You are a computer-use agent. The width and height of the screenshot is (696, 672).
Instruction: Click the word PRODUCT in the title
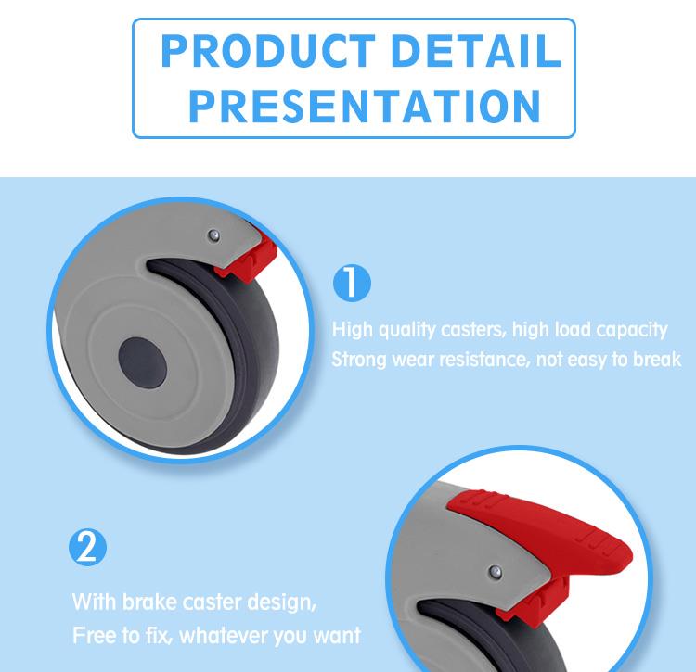coord(268,51)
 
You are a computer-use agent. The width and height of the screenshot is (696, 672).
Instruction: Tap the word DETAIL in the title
coord(476,51)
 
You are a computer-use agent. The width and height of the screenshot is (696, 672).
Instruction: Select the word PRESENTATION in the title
coord(365,106)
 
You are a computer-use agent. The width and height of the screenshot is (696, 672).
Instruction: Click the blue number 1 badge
coord(352,284)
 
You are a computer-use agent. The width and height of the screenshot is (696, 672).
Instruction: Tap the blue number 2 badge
coord(88,547)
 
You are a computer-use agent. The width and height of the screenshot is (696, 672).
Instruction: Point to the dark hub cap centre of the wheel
coord(143,361)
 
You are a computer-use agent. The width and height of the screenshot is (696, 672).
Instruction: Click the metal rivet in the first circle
coord(214,235)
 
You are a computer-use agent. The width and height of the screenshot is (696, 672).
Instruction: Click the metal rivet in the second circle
coord(495,572)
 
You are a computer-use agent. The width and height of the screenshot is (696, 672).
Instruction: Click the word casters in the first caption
coord(473,330)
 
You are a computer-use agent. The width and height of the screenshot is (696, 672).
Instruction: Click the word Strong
coord(359,360)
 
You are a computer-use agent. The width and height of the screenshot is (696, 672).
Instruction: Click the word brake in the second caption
coord(149,602)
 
